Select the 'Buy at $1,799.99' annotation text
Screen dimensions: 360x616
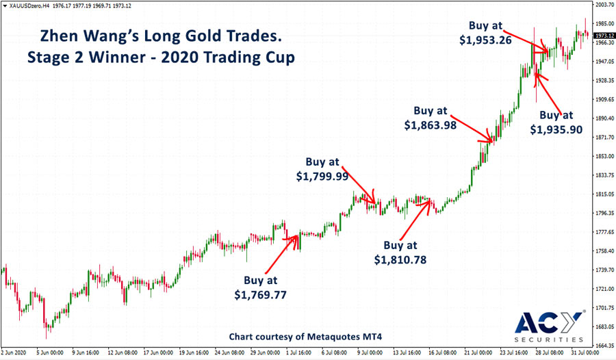(x=322, y=169)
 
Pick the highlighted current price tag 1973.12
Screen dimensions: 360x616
(x=601, y=35)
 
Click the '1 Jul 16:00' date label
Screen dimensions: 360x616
(x=300, y=354)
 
